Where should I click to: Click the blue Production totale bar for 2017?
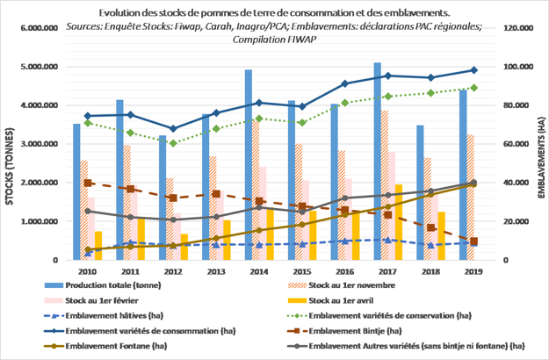click(378, 158)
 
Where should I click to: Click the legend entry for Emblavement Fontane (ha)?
click(115, 344)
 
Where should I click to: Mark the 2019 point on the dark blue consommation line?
click(474, 70)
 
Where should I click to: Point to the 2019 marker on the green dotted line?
click(474, 88)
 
